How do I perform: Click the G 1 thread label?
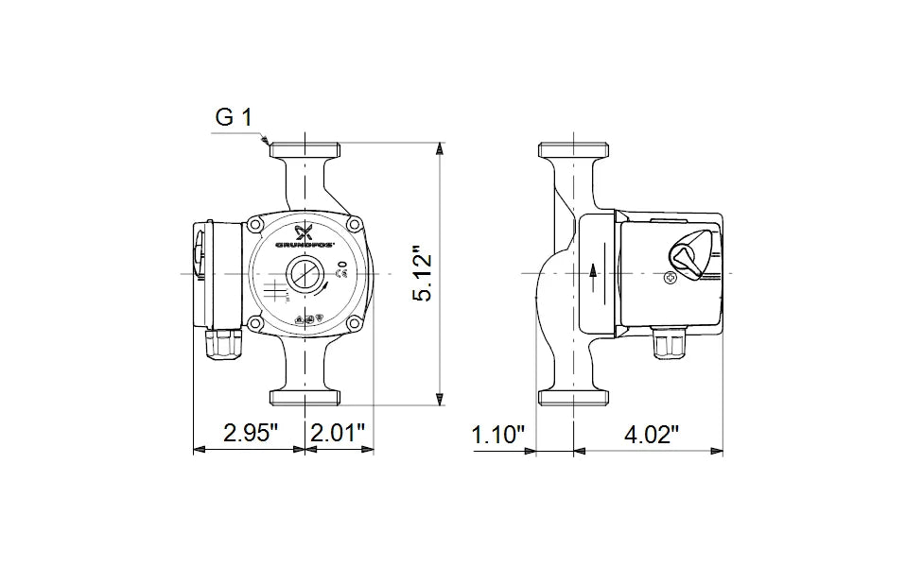click(x=234, y=118)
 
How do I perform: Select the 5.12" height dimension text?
click(x=423, y=275)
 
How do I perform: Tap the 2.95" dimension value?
click(x=251, y=435)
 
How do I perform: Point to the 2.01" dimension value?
click(x=338, y=435)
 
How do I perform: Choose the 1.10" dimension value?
click(x=498, y=435)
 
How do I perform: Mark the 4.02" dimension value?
click(x=652, y=435)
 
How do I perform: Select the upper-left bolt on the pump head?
click(x=255, y=225)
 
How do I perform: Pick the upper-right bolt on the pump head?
click(x=355, y=225)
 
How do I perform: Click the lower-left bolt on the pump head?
click(x=255, y=324)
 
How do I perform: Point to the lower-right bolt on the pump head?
click(x=355, y=324)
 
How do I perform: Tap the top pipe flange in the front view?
click(x=305, y=149)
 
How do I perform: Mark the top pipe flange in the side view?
click(x=574, y=149)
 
